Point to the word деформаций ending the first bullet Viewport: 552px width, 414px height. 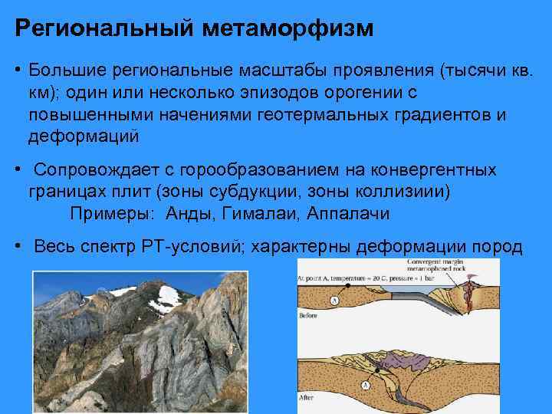(x=84, y=136)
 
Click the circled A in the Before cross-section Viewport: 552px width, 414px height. (x=334, y=301)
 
